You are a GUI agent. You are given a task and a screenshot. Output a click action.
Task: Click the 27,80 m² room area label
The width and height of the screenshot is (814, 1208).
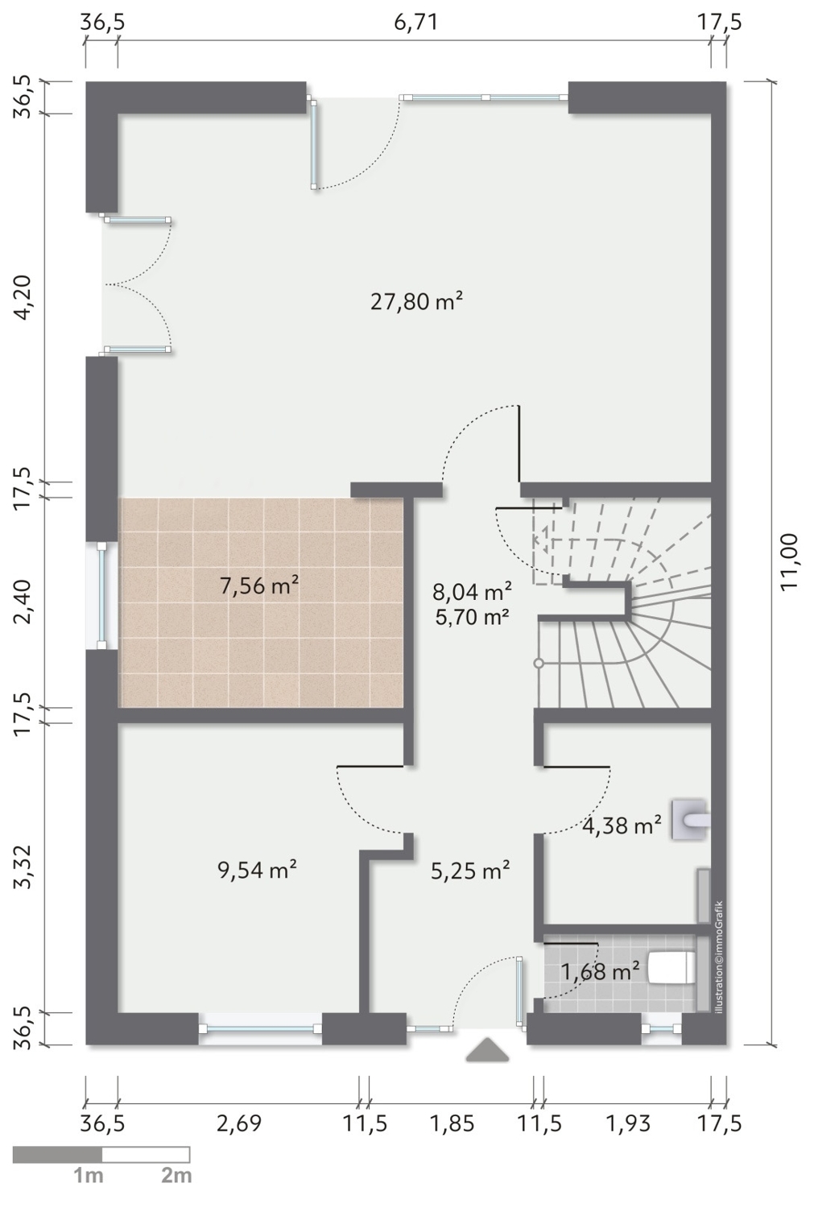point(416,301)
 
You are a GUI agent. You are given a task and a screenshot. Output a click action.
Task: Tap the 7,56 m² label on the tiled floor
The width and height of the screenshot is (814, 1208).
point(258,585)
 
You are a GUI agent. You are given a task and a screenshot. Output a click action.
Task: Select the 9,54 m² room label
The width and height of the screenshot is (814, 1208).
point(257,869)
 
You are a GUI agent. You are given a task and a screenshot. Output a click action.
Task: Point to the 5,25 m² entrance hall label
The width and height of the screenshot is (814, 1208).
point(470,871)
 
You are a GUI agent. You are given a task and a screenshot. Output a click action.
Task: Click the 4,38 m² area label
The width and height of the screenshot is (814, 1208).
point(622,825)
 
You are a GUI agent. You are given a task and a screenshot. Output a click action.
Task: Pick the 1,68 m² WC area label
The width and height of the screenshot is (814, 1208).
point(600,972)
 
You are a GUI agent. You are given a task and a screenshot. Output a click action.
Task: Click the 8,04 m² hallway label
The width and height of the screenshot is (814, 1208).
point(472,592)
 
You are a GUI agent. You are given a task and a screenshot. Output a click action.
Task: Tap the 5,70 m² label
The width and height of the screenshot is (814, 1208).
point(473,616)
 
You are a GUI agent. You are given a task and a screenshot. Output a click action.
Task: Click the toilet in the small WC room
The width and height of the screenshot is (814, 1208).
point(671,967)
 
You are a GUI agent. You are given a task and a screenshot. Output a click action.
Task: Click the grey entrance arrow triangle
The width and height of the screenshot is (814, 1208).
point(487,1049)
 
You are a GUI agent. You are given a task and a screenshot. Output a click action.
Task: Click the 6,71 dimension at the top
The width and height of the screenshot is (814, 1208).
point(415,23)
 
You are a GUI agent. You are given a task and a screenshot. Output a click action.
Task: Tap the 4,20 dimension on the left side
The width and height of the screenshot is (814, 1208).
point(23,297)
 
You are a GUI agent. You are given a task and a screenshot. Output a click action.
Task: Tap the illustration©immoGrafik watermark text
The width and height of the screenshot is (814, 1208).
point(718,958)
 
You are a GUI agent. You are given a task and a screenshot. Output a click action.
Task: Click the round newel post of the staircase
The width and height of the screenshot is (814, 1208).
point(539,664)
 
